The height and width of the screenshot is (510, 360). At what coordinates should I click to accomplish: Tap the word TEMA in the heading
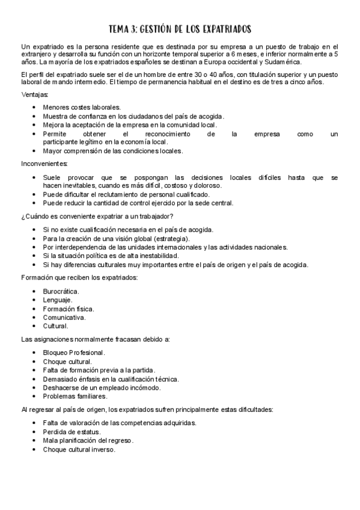click(x=119, y=29)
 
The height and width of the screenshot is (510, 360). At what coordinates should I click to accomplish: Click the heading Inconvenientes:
click(x=44, y=164)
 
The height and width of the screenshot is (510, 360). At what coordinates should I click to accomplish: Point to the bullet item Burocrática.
click(x=61, y=291)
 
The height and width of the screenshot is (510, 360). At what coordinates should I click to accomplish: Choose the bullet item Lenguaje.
click(x=58, y=300)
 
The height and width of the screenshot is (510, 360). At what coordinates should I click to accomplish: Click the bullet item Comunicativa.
click(x=64, y=317)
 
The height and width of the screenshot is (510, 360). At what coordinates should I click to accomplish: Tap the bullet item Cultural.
click(x=55, y=326)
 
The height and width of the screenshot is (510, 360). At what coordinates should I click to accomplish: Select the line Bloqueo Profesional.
click(x=74, y=352)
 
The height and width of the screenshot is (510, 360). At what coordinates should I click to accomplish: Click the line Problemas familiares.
click(x=75, y=396)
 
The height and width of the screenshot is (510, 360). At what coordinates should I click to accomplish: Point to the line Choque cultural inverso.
click(x=79, y=449)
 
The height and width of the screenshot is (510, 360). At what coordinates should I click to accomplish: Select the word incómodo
click(x=145, y=388)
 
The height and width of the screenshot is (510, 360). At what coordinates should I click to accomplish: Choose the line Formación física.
click(x=68, y=309)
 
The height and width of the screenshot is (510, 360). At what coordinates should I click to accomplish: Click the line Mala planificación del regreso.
click(x=88, y=441)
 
